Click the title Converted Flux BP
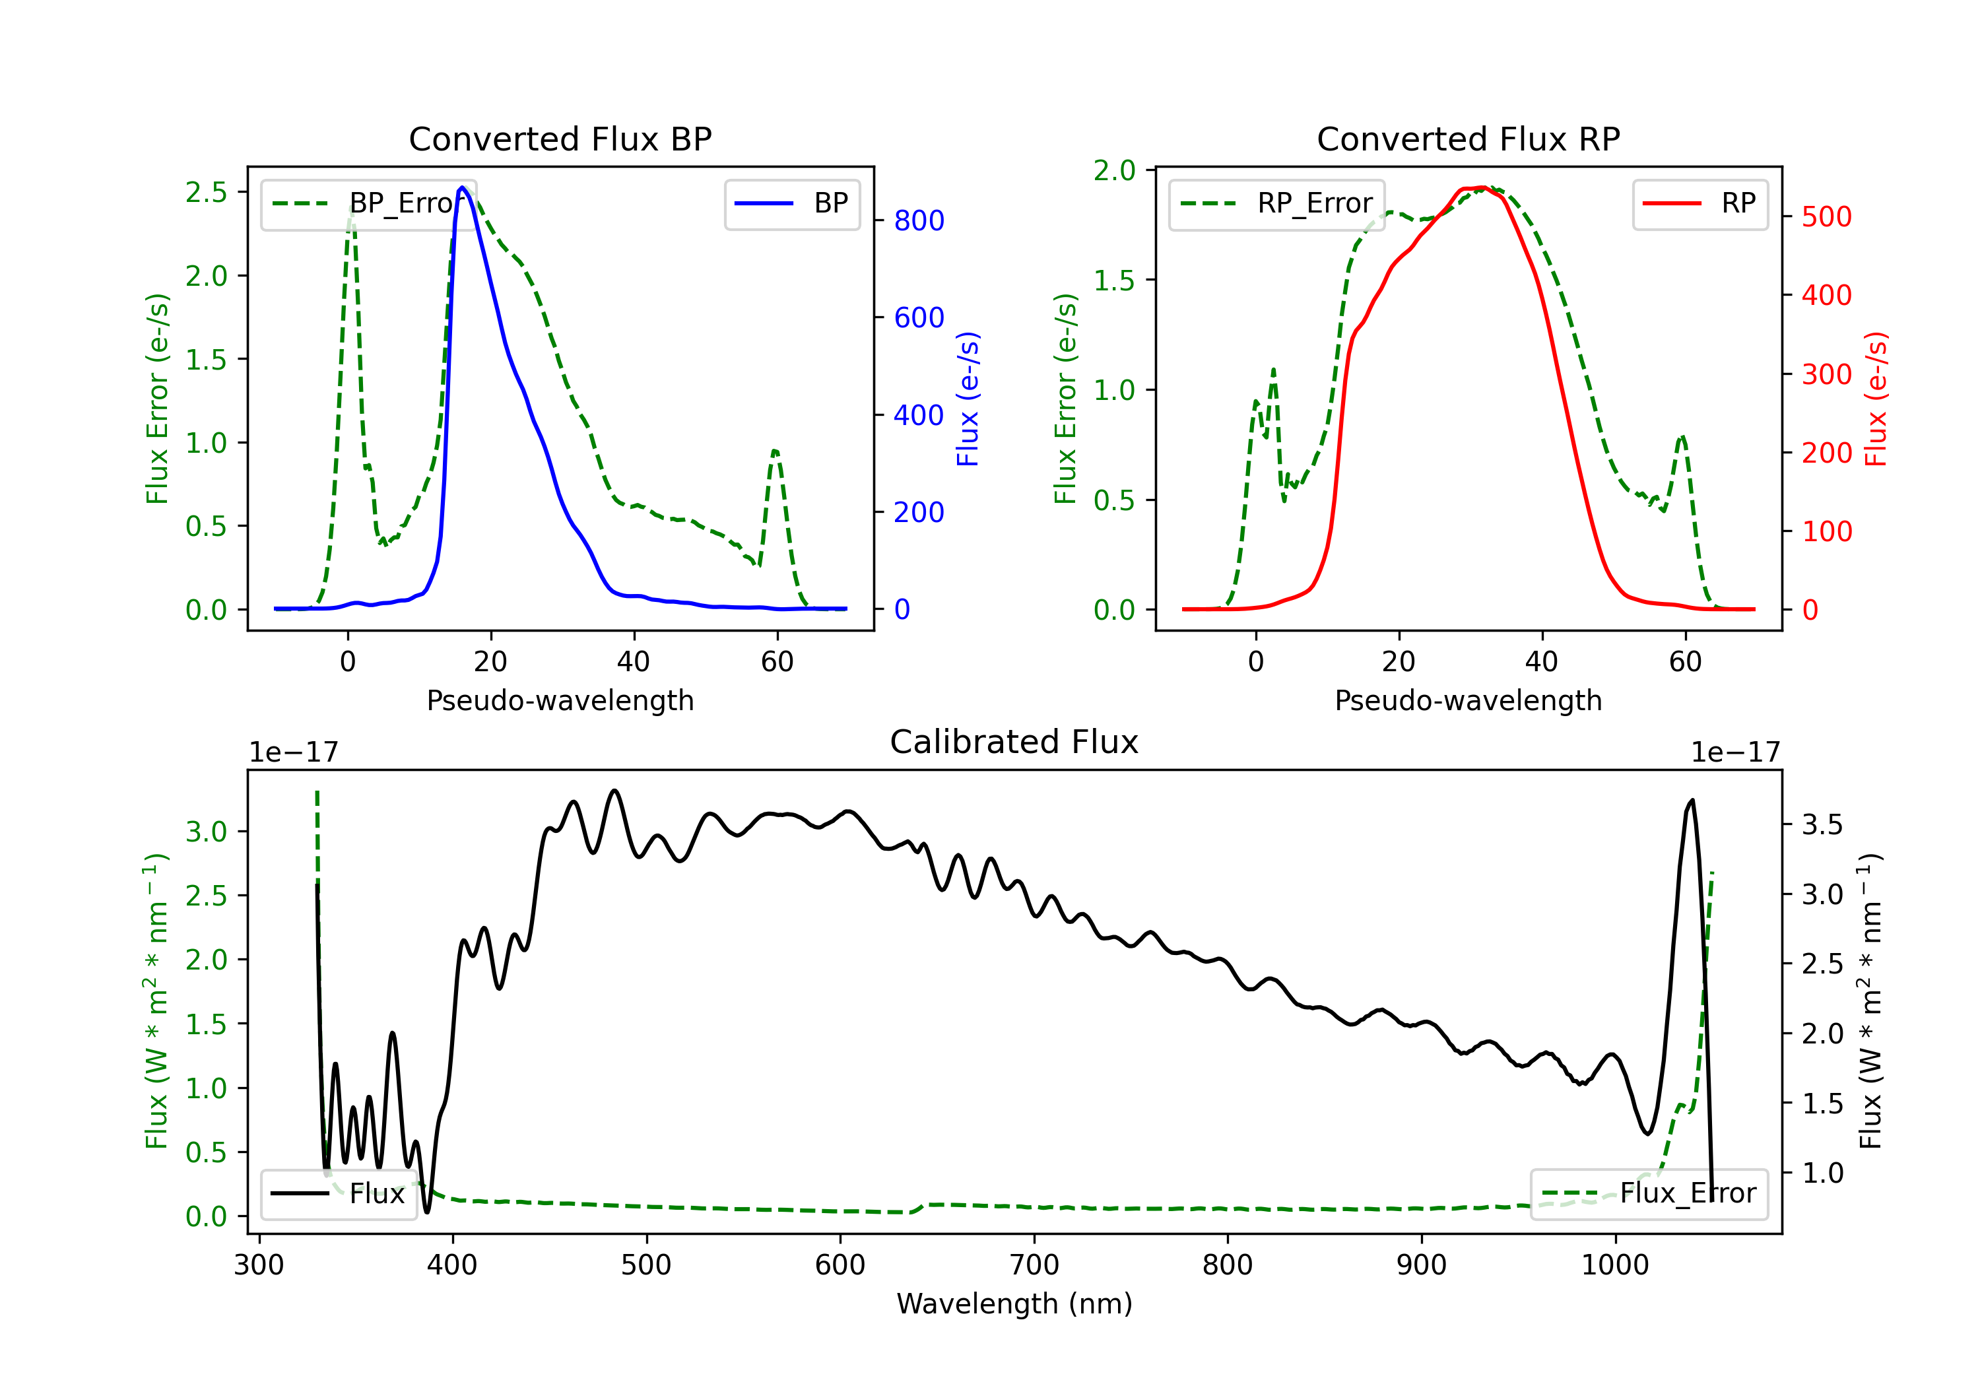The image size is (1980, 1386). pyautogui.click(x=560, y=139)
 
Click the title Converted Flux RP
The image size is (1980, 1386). pyautogui.click(x=1468, y=139)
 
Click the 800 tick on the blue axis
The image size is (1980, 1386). pyautogui.click(x=919, y=221)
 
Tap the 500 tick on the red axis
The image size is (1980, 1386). pyautogui.click(x=1826, y=216)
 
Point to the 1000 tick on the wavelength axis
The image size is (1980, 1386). pyautogui.click(x=1614, y=1265)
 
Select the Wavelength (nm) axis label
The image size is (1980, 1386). pyautogui.click(x=1014, y=1304)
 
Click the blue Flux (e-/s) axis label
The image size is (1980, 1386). pyautogui.click(x=968, y=399)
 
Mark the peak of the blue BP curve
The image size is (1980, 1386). pyautogui.click(x=462, y=187)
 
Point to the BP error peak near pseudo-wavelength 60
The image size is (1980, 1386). pyautogui.click(x=775, y=450)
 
